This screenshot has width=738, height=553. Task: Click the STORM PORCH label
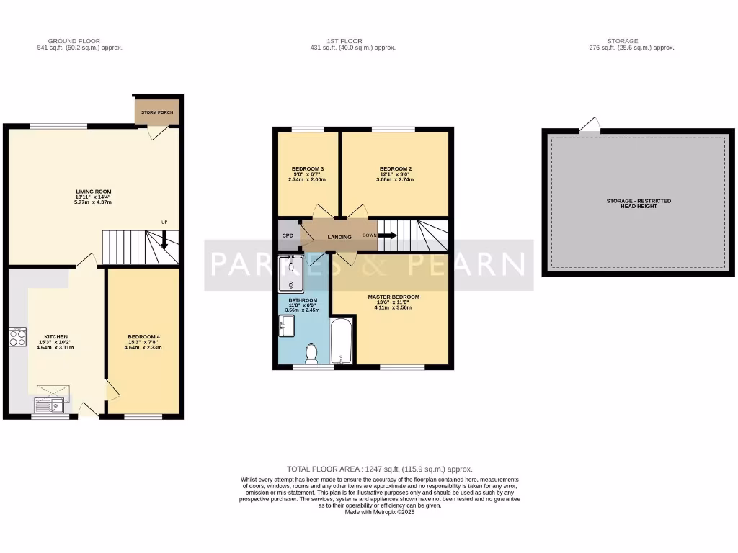point(157,113)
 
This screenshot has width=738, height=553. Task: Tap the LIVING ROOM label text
point(94,192)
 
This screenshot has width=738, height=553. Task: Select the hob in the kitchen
point(18,337)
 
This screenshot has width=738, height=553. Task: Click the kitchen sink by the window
point(49,406)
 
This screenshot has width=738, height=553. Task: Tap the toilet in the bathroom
point(312,354)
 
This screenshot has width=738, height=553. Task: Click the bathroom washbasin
point(286,326)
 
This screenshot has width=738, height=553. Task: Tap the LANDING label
point(339,237)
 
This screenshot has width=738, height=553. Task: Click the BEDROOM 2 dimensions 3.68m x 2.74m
point(396,179)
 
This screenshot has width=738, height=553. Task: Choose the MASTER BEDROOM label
point(393,297)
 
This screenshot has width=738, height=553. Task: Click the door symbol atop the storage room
point(590,126)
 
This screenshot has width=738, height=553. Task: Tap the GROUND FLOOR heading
point(74,41)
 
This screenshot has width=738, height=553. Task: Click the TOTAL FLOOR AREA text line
point(379,469)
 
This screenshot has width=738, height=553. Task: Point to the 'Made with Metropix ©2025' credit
point(379,512)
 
